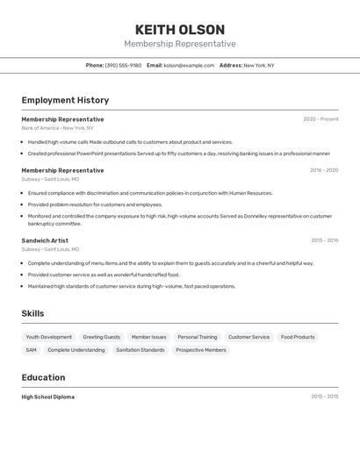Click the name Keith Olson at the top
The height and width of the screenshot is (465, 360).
[x=180, y=30]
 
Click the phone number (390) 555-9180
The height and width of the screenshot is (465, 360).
[x=123, y=65]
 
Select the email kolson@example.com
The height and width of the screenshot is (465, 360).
[x=189, y=65]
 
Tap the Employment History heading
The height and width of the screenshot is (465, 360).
[x=65, y=100]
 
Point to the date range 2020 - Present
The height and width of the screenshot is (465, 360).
[x=320, y=119]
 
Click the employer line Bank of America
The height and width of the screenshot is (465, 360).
[x=53, y=128]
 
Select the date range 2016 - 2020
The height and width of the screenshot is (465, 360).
[x=324, y=170]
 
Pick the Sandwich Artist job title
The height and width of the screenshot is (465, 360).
[x=45, y=240]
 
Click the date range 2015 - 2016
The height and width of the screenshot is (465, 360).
[x=324, y=240]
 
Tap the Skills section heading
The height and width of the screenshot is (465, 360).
[x=32, y=313]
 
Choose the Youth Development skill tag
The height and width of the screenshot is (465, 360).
[x=49, y=337]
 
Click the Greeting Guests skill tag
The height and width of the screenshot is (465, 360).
[x=102, y=337]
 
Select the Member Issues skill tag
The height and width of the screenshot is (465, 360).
[x=148, y=337]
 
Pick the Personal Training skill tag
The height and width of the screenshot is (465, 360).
[x=197, y=337]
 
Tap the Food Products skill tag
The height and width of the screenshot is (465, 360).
[x=298, y=337]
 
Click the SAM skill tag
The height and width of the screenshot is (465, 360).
[x=31, y=350]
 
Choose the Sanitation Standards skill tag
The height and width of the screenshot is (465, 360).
[x=140, y=350]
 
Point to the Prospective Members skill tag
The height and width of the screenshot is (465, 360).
[x=201, y=350]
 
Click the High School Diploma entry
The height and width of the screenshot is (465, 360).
[x=48, y=397]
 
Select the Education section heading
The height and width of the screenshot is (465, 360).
[x=43, y=377]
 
